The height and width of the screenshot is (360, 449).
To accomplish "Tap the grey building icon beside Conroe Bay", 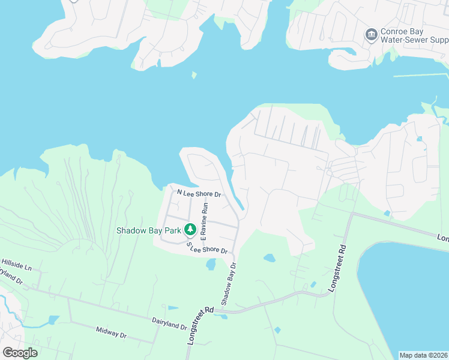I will tap(371, 34).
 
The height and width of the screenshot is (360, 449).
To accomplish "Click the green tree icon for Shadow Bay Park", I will tap(190, 229).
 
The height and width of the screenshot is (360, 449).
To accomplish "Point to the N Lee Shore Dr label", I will tap(199, 193).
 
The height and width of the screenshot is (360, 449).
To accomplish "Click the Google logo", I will tap(19, 353).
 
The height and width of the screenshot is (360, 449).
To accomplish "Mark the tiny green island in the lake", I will tap(194, 76).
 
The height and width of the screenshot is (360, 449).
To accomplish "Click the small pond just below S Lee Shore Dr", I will tap(211, 264).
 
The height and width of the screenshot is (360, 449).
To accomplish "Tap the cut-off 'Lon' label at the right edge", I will tap(443, 238).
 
